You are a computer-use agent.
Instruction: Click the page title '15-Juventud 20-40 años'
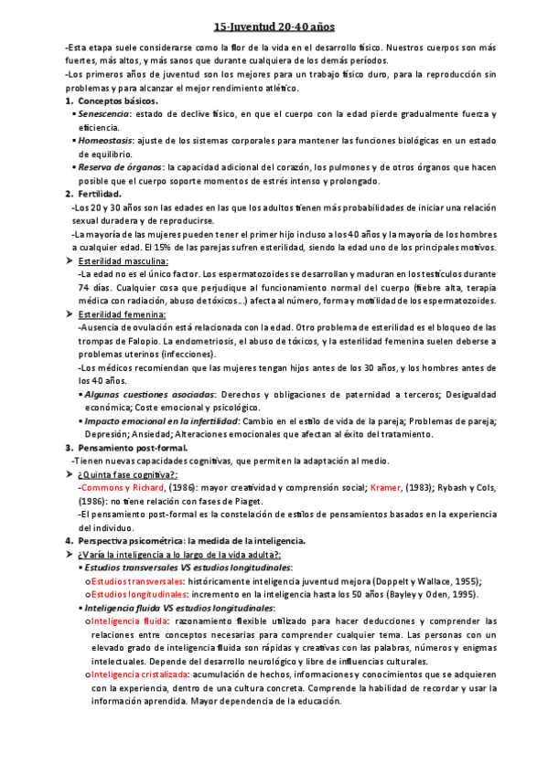tap(274, 28)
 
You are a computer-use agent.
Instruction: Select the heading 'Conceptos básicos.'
tap(117, 101)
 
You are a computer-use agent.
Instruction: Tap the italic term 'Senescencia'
tap(104, 114)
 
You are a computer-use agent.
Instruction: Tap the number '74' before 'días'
tap(83, 287)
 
